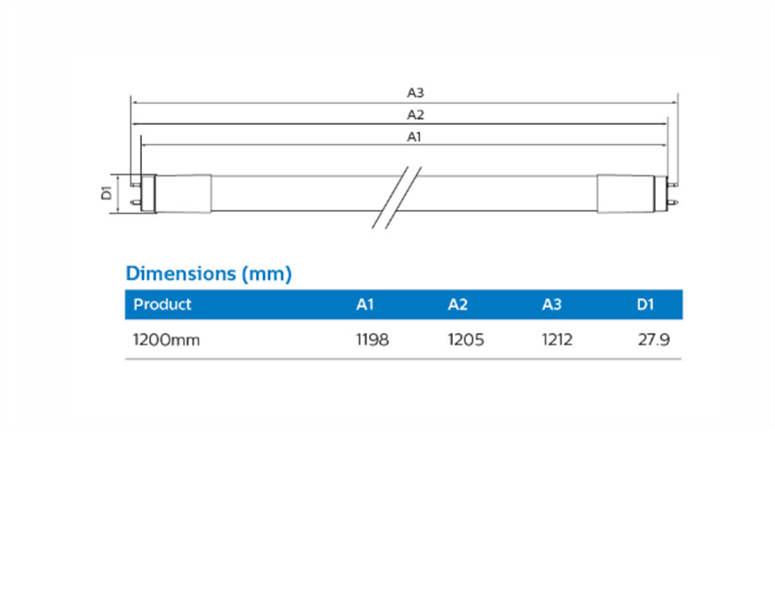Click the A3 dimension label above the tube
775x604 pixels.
tap(416, 92)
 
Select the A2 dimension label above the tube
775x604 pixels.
tap(416, 115)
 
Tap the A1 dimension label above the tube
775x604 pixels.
tap(415, 137)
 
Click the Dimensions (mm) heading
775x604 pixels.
tap(208, 273)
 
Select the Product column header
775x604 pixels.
tap(162, 304)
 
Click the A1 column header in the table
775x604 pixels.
tap(365, 304)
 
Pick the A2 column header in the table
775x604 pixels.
tap(457, 304)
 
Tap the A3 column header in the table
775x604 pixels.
tap(552, 304)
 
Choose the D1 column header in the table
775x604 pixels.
tap(645, 304)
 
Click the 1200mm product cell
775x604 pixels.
tap(166, 339)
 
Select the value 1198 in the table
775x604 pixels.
tap(372, 339)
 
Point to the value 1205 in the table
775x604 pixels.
tap(466, 339)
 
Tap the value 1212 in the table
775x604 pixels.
tap(557, 339)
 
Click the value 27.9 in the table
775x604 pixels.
tap(654, 339)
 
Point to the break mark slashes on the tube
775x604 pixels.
tap(395, 195)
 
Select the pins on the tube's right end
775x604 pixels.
tap(673, 192)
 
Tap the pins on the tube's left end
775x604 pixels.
tap(134, 192)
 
